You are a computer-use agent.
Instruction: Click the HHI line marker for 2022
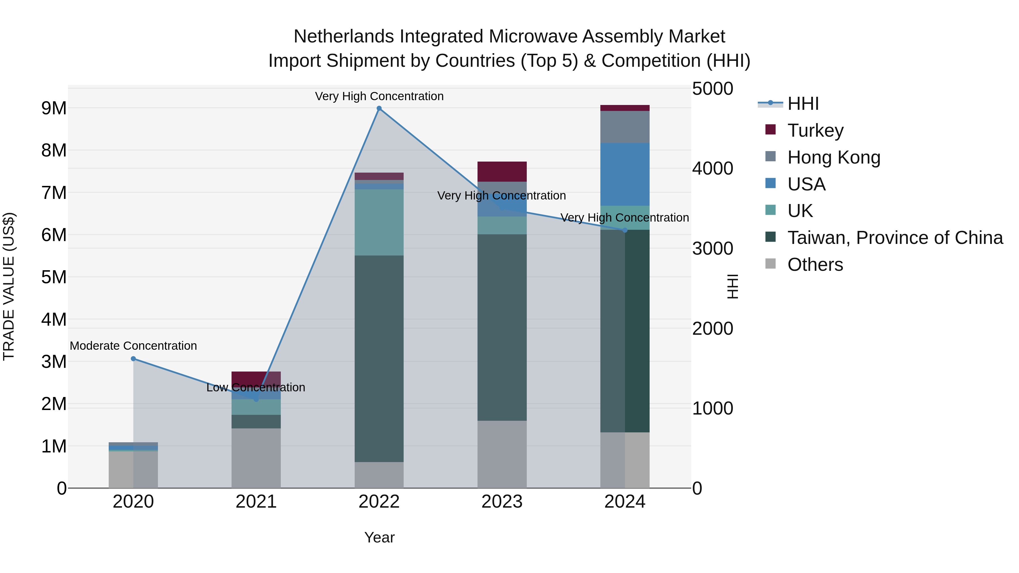click(x=379, y=108)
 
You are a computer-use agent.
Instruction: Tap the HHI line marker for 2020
click(x=133, y=359)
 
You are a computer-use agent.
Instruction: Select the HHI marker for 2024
click(x=625, y=230)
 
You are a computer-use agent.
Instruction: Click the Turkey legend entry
click(x=815, y=130)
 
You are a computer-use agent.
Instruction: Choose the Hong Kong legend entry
click(x=834, y=157)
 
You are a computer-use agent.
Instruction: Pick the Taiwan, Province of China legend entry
click(x=895, y=238)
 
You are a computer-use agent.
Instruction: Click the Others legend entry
click(x=815, y=265)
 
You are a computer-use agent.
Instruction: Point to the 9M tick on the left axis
click(x=54, y=108)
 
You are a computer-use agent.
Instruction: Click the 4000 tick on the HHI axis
click(x=712, y=168)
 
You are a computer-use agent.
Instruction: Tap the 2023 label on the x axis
click(x=502, y=502)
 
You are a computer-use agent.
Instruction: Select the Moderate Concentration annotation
click(x=133, y=345)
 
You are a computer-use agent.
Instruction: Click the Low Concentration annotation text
click(x=256, y=387)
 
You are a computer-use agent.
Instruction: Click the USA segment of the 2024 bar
click(x=625, y=174)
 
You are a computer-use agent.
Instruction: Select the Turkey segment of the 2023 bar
click(x=502, y=171)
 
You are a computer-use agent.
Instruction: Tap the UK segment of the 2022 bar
click(x=379, y=222)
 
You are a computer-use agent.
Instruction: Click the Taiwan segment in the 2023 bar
click(x=502, y=327)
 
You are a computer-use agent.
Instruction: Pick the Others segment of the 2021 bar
click(x=256, y=458)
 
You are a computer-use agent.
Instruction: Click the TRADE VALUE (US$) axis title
click(x=9, y=286)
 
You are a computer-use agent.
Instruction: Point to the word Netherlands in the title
click(x=344, y=37)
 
